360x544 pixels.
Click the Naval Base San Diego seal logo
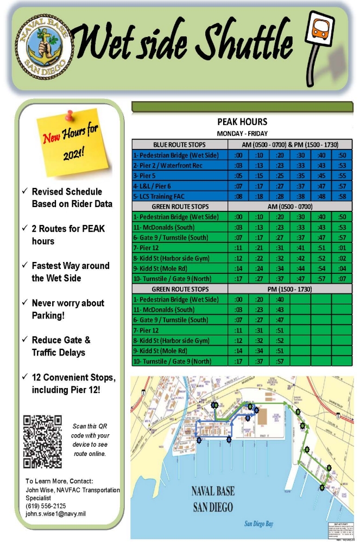click(42, 48)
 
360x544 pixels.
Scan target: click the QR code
click(42, 441)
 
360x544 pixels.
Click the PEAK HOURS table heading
click(242, 122)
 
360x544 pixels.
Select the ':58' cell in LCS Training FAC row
click(342, 196)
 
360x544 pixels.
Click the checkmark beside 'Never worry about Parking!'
click(25, 303)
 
